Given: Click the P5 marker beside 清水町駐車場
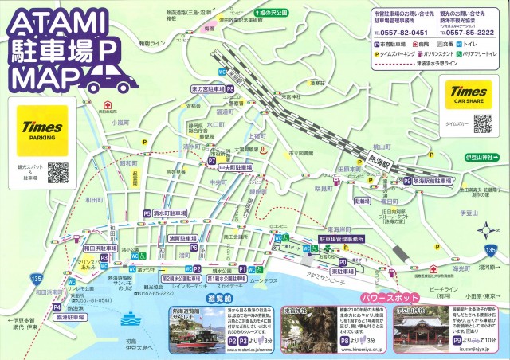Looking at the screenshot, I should coord(147,214).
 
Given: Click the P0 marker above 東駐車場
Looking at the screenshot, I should coord(343,260).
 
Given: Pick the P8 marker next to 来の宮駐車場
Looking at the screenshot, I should coord(229,90).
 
